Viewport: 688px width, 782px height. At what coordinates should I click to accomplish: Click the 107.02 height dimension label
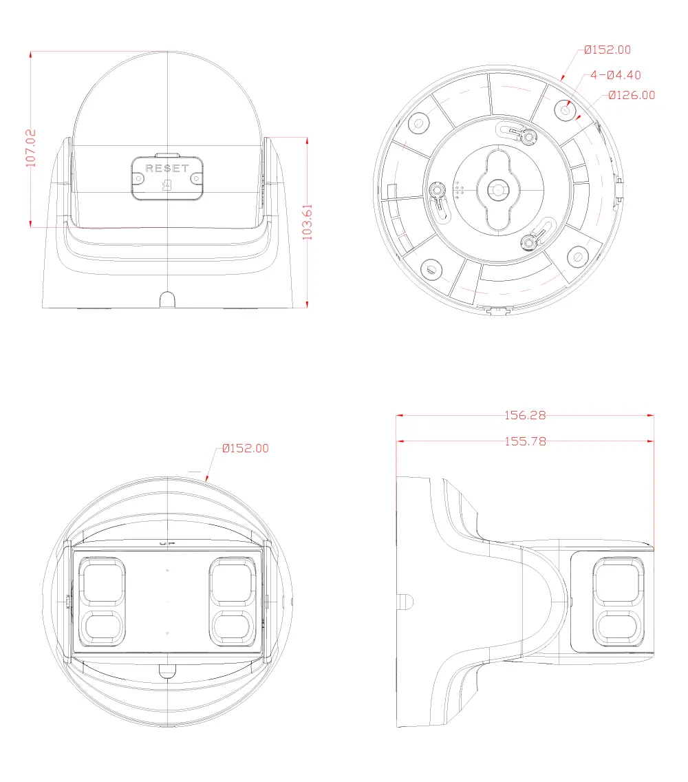click(31, 147)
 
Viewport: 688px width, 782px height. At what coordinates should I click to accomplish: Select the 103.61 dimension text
click(308, 222)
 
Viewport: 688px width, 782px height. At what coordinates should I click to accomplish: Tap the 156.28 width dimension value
click(525, 415)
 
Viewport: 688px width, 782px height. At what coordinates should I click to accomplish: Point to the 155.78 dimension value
click(525, 441)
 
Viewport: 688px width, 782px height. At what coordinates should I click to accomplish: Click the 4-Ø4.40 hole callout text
click(616, 75)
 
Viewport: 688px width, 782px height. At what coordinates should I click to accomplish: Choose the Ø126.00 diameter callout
click(632, 95)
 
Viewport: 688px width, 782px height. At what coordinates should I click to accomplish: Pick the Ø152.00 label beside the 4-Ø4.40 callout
click(608, 50)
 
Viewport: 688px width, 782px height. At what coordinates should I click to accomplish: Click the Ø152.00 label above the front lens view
click(246, 448)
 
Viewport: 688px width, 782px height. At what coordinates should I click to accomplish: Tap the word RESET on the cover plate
click(167, 169)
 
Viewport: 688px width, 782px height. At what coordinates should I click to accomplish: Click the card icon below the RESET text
click(167, 185)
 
